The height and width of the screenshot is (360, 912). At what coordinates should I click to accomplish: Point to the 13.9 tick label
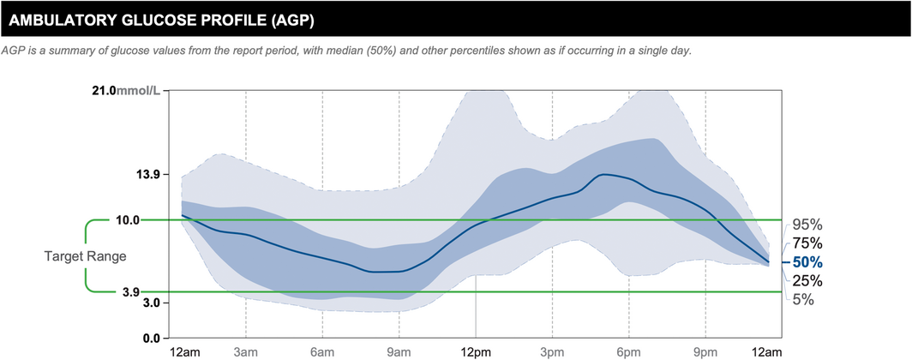coord(148,175)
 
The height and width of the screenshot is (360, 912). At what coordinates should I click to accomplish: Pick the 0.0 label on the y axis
coord(151,339)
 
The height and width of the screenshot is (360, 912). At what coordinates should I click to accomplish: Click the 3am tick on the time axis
coord(246,352)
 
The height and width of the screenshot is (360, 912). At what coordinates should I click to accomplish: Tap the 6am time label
coord(322,352)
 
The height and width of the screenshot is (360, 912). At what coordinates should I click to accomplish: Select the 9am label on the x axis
coord(399,352)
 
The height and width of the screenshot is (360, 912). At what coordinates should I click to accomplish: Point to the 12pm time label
coord(476,352)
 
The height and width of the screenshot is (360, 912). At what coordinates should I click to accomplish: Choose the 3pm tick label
coord(552,352)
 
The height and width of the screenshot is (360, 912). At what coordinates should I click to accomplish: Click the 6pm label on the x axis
coord(628,352)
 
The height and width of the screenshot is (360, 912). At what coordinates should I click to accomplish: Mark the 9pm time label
coord(705,352)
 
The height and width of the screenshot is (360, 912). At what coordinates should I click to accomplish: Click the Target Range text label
coord(86,256)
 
